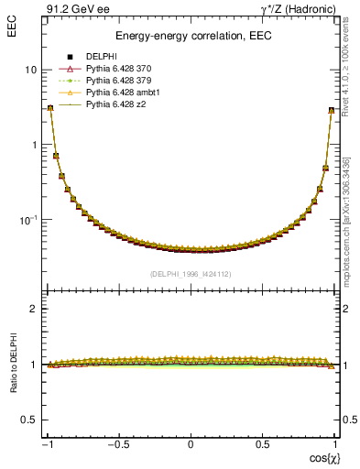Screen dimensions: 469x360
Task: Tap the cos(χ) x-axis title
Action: pos(322,457)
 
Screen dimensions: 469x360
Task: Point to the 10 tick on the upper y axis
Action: pos(30,70)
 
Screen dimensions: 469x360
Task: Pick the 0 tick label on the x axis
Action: pos(191,444)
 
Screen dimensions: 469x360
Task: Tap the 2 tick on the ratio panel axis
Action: pos(33,309)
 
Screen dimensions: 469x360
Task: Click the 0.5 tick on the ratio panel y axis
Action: pos(28,420)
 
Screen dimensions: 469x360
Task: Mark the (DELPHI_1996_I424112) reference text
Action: pos(191,273)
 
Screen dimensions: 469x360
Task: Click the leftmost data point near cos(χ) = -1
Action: pos(50,108)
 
